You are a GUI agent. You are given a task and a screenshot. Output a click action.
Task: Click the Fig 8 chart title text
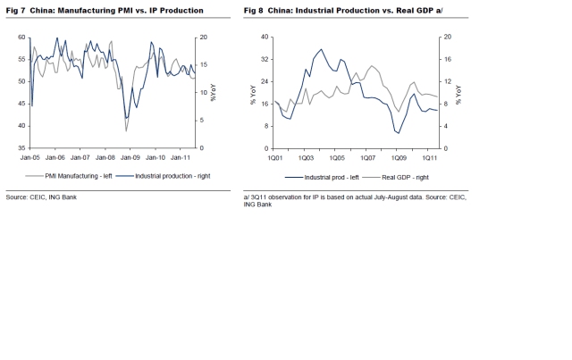344,11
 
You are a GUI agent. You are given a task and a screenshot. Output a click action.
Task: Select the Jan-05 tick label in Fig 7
30,156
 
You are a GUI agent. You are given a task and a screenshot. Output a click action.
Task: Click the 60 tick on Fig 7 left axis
21,38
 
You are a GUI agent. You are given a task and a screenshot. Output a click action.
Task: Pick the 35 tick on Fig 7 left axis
21,148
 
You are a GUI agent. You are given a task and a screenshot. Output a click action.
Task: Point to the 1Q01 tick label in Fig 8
273,156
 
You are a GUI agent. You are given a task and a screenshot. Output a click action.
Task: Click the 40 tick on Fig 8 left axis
265,38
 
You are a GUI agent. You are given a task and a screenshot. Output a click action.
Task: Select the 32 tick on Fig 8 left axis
265,60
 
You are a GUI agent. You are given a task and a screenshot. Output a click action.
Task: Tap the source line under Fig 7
41,197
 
